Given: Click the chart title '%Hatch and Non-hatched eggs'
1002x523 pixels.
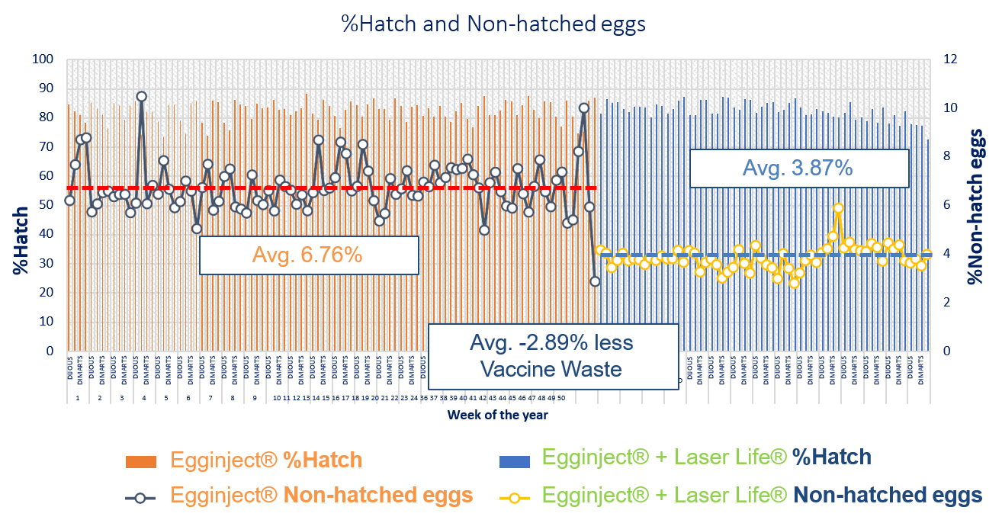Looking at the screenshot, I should [493, 24].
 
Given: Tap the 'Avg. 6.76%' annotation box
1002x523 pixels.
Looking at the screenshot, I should [309, 255].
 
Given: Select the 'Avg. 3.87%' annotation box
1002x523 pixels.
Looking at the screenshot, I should [799, 168].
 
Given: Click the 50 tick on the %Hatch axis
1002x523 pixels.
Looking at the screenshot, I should [47, 205].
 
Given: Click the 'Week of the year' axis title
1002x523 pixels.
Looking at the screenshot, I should [497, 416].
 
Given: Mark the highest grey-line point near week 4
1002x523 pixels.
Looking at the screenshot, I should [141, 97].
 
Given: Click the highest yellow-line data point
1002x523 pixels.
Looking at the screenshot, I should [838, 208].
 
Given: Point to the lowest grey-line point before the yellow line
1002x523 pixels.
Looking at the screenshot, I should [595, 281].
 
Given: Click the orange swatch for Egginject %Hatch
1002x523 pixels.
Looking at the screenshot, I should [141, 461].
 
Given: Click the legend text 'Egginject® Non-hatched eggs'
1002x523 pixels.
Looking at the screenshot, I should [321, 496].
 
